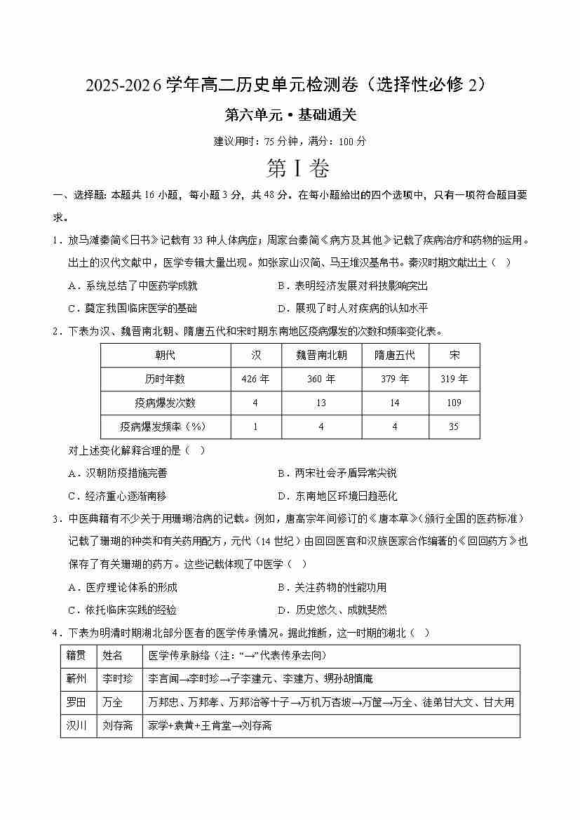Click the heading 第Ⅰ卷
pyautogui.click(x=289, y=169)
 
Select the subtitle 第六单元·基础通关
pyautogui.click(x=290, y=115)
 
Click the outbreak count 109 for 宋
pyautogui.click(x=454, y=403)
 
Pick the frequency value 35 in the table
pyautogui.click(x=454, y=426)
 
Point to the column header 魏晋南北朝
pyautogui.click(x=322, y=355)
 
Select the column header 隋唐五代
pyautogui.click(x=395, y=355)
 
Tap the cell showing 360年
pyautogui.click(x=322, y=379)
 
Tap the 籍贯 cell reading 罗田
pyautogui.click(x=76, y=702)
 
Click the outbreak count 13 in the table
pyautogui.click(x=322, y=403)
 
